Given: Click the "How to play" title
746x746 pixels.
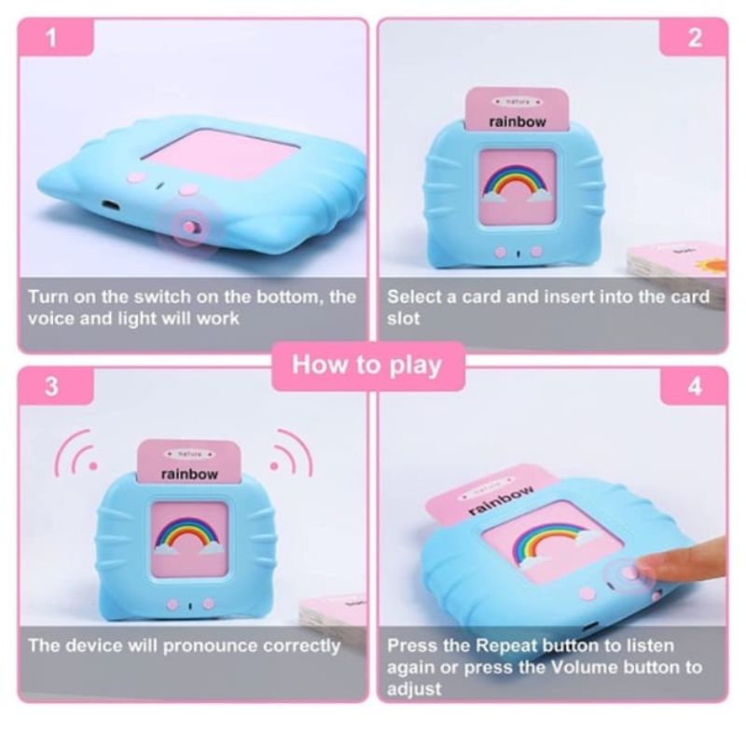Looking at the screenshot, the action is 367,366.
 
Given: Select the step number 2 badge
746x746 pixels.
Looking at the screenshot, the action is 694,37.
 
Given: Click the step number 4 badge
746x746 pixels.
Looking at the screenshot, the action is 694,386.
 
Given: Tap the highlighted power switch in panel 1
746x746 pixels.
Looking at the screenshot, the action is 189,227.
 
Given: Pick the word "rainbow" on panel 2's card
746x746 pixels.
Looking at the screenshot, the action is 518,122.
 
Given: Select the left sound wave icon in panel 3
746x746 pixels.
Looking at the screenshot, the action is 76,452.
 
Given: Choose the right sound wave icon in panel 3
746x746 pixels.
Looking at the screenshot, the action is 291,452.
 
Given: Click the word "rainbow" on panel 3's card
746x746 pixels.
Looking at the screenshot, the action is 189,475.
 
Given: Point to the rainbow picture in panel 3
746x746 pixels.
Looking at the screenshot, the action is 189,535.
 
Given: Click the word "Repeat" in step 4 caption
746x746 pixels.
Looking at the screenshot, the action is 506,645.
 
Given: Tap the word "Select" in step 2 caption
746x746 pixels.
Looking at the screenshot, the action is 414,297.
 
